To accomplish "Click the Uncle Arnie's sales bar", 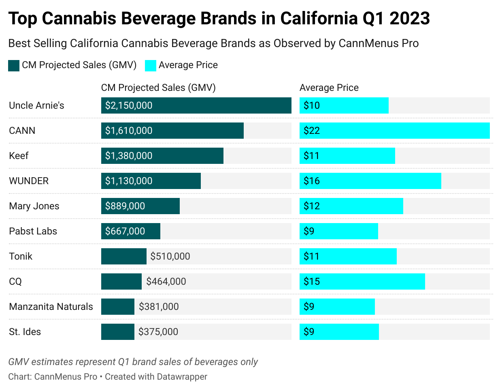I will (196, 105).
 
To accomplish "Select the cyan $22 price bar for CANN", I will (394, 131).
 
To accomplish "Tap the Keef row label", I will (19, 156).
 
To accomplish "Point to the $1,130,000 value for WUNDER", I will (129, 181).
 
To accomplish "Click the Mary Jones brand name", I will (34, 206).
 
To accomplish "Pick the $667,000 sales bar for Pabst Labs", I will (130, 231).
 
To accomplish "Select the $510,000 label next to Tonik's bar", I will (170, 256).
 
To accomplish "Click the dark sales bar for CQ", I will (121, 281).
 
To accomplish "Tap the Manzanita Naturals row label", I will (51, 307).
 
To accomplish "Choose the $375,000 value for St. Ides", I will (158, 332).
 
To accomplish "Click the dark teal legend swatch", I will (14, 65).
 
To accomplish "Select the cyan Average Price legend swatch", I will (151, 65).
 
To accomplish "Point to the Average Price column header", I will (329, 88).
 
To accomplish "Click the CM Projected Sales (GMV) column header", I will (158, 88).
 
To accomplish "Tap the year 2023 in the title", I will (409, 19).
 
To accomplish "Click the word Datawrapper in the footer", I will (182, 376).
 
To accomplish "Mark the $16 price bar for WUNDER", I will (370, 181).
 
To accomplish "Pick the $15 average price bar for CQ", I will (362, 281).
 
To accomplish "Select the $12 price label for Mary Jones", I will (312, 206).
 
